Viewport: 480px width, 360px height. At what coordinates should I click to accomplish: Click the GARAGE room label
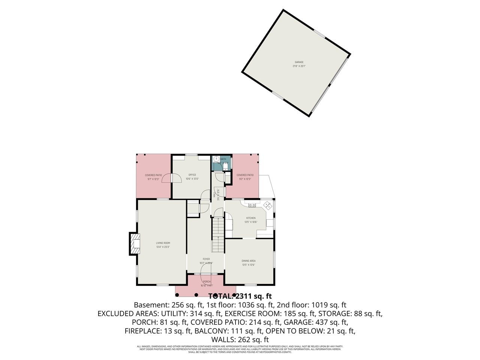pyautogui.click(x=298, y=62)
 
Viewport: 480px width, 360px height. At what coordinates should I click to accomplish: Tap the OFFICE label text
pyautogui.click(x=192, y=175)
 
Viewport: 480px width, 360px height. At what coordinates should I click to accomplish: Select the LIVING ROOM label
pyautogui.click(x=163, y=243)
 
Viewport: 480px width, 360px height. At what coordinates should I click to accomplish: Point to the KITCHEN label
pyautogui.click(x=250, y=218)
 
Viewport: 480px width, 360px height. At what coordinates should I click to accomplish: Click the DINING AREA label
pyautogui.click(x=249, y=261)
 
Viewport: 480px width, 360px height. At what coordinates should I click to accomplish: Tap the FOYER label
pyautogui.click(x=206, y=259)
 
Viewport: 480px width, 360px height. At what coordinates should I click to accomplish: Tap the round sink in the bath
pyautogui.click(x=216, y=159)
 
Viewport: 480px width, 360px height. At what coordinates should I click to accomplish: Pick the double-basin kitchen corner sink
pyautogui.click(x=268, y=205)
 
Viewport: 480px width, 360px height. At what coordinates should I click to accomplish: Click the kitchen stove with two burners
pyautogui.click(x=252, y=205)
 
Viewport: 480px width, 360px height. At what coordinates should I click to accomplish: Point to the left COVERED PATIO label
pyautogui.click(x=153, y=175)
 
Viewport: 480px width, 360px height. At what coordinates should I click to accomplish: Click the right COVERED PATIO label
pyautogui.click(x=245, y=175)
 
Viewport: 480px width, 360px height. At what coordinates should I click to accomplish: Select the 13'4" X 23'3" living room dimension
pyautogui.click(x=163, y=247)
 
